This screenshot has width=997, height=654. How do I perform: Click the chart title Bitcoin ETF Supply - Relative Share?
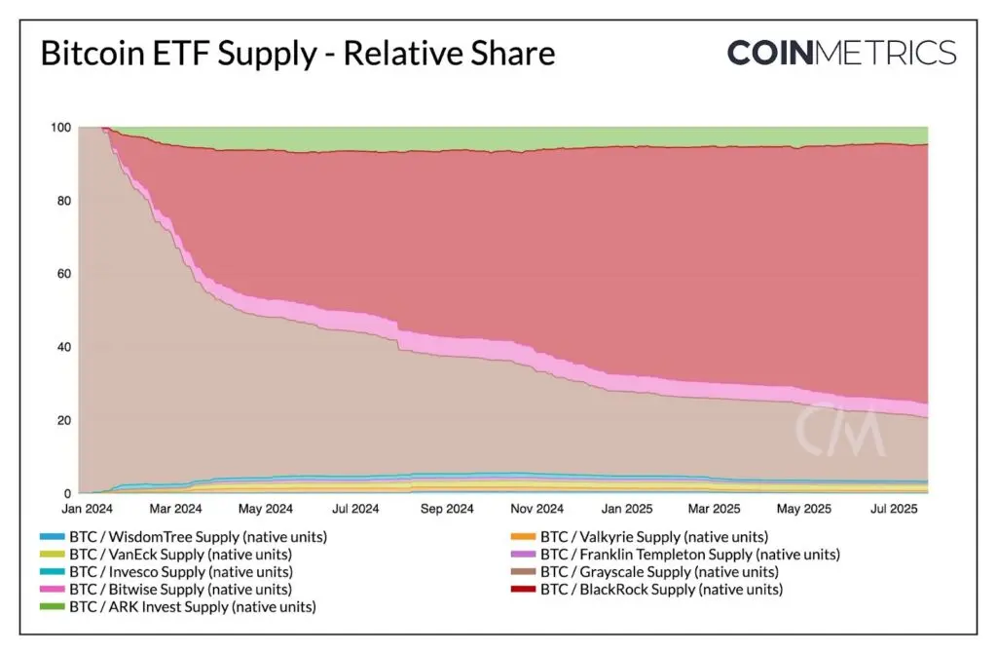pos(297,53)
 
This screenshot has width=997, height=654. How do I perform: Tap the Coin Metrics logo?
pos(841,52)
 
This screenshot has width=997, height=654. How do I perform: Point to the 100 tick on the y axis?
pos(61,128)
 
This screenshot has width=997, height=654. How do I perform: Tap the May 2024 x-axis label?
pos(265,509)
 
